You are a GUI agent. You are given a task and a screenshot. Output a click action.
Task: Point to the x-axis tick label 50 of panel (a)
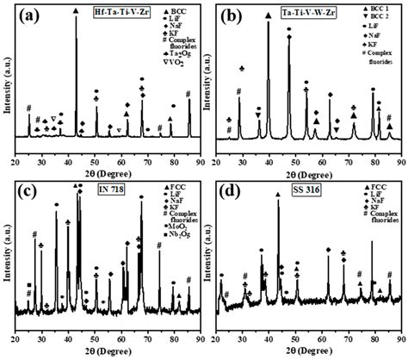(x=96, y=151)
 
